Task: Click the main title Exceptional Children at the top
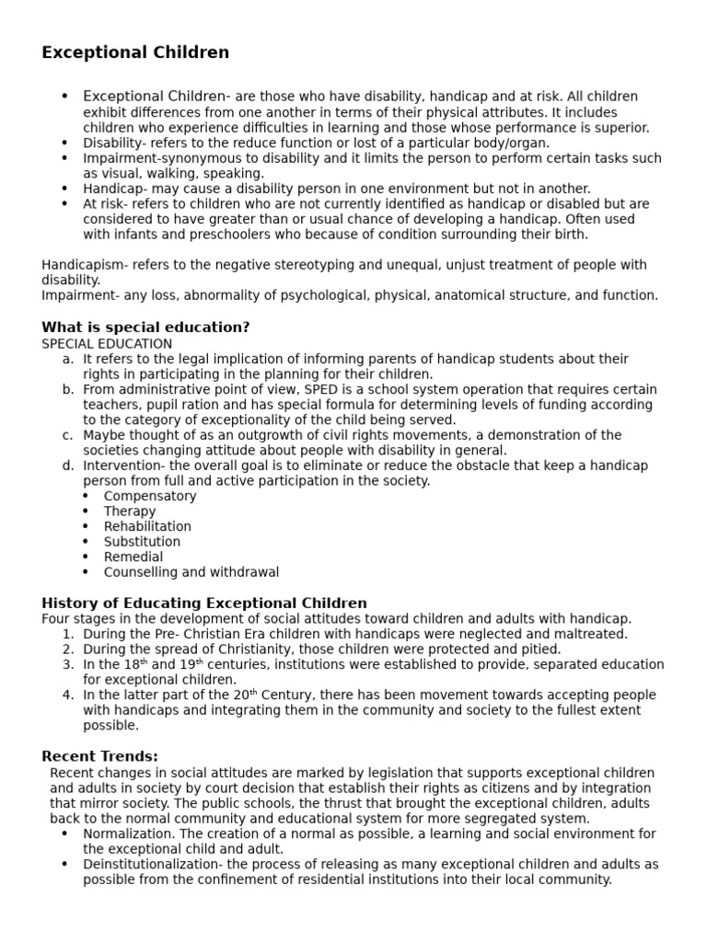(x=135, y=52)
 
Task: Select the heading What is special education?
(x=145, y=327)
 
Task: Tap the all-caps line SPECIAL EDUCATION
(x=107, y=343)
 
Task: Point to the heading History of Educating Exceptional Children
(x=204, y=603)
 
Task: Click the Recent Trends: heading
(x=99, y=756)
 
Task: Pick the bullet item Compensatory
(x=150, y=496)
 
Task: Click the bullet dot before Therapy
(x=86, y=511)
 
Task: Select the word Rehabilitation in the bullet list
(x=147, y=526)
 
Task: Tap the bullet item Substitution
(x=142, y=542)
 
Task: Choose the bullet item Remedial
(x=133, y=557)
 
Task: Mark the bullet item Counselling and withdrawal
(x=191, y=572)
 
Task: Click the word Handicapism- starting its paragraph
(x=85, y=265)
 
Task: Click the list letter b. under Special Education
(x=68, y=389)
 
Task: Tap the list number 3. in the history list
(x=68, y=664)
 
